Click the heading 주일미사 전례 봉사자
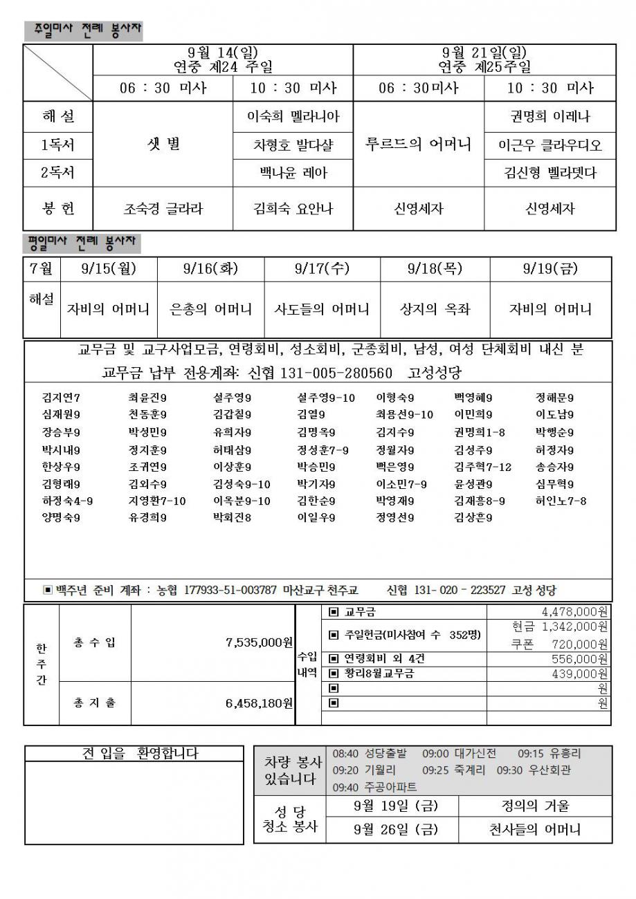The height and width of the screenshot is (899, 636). tap(83, 30)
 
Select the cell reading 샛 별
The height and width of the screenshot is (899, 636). tap(163, 144)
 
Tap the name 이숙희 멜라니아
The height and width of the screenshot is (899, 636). tap(293, 116)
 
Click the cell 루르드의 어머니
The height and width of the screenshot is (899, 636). tap(418, 144)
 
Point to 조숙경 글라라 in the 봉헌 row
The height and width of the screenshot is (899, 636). tap(163, 208)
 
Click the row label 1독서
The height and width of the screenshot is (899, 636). tap(57, 145)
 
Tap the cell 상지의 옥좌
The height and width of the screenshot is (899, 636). tap(435, 309)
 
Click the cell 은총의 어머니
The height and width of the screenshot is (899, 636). tap(211, 309)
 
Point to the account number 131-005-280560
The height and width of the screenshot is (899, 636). tap(336, 373)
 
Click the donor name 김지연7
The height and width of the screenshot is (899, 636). tap(61, 398)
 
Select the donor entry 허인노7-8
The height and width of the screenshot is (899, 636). tap(561, 501)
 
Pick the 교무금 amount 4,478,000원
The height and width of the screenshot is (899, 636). tap(574, 611)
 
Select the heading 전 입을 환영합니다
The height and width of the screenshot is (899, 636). tap(140, 754)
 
